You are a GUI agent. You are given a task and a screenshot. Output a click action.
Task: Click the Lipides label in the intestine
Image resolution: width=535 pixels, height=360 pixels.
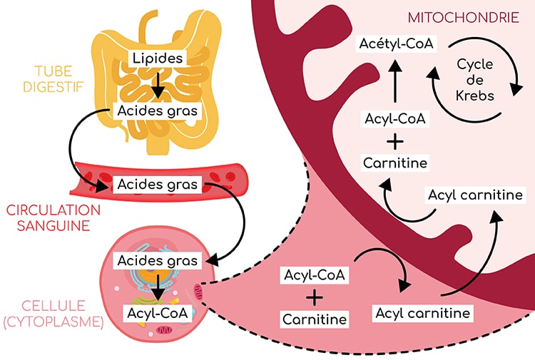coord(157,57)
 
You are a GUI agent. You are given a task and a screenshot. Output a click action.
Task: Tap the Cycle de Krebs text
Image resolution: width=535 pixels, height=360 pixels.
coord(476,79)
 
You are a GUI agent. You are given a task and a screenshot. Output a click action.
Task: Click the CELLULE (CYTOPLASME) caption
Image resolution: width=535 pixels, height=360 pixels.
coord(53,313)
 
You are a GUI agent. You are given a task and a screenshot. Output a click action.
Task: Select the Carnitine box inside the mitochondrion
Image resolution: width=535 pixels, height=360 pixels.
coord(394,163)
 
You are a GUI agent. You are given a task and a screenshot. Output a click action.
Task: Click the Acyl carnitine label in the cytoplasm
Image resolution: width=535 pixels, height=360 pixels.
coord(422,312)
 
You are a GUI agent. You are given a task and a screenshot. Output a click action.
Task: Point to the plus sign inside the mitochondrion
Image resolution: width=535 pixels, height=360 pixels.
coord(394,140)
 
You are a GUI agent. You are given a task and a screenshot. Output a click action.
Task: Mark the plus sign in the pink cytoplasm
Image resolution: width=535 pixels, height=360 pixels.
coord(315,296)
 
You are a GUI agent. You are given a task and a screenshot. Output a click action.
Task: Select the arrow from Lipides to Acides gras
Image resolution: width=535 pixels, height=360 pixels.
coord(157,84)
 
